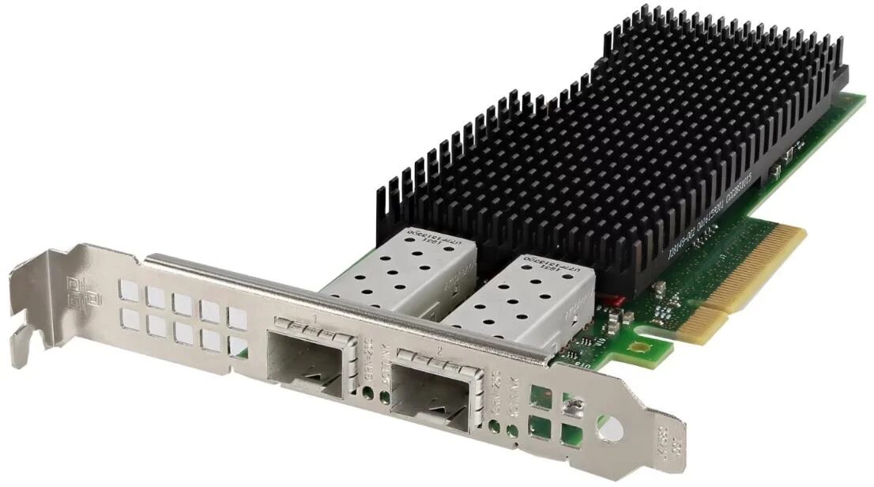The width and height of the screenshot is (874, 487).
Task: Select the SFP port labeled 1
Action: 306,355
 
